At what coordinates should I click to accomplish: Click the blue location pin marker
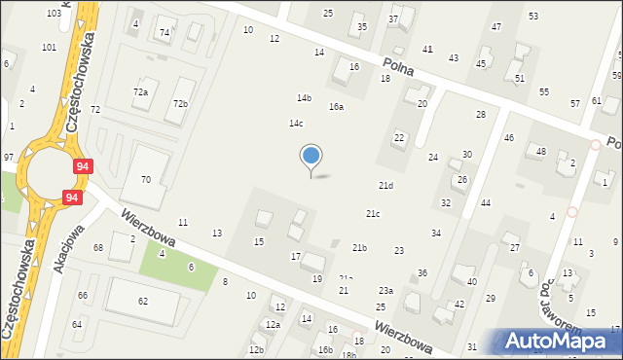point(311,156)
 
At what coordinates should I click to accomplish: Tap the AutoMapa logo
point(559,340)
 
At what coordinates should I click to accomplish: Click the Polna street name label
point(399,66)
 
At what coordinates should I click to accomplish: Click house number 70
point(146,179)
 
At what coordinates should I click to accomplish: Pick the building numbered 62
point(143,302)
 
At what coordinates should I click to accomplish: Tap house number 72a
point(140,91)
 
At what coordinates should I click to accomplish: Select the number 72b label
point(180,103)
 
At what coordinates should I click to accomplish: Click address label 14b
point(305,97)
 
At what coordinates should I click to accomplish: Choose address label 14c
point(296,123)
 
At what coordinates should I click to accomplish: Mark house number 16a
point(336,107)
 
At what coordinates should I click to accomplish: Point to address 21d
point(386,185)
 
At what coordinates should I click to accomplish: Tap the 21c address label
point(373,213)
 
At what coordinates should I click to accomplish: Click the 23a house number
point(386,290)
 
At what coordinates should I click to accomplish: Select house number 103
point(53,13)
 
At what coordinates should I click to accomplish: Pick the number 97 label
point(9,157)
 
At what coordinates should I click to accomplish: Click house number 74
point(165,32)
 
